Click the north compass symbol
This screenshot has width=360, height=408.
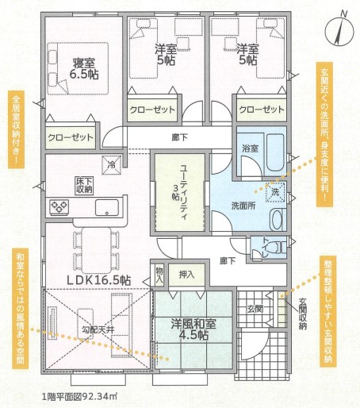(339, 31)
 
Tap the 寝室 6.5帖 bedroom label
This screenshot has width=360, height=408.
(84, 69)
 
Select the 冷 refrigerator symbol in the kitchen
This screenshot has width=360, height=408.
(112, 165)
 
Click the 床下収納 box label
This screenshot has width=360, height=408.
(84, 186)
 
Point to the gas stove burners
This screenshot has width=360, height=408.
(59, 207)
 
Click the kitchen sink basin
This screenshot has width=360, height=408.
(107, 207)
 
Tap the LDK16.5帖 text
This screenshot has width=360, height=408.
(98, 280)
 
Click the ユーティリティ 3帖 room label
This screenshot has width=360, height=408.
(180, 192)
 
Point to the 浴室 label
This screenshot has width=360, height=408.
(251, 148)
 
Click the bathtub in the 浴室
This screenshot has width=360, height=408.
(275, 152)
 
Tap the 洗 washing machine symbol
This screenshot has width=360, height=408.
(275, 192)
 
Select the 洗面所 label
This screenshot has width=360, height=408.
(243, 206)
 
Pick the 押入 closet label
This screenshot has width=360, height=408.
(187, 275)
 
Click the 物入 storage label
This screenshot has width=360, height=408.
(159, 275)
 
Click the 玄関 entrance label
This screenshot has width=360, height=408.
(255, 309)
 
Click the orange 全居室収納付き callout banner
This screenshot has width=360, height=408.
(16, 129)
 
